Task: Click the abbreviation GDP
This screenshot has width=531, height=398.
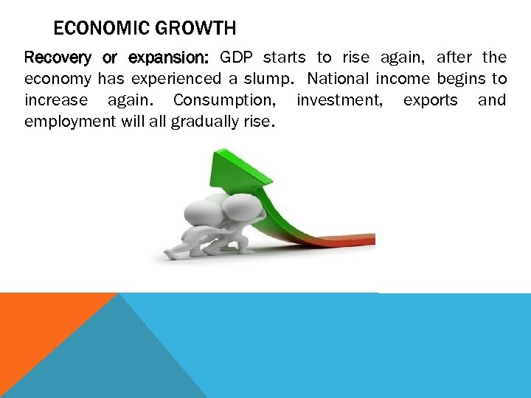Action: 237,57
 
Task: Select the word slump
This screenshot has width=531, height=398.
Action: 276,79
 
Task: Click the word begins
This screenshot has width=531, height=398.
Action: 463,79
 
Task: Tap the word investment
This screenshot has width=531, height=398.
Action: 339,100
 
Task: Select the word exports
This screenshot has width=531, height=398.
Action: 431,100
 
